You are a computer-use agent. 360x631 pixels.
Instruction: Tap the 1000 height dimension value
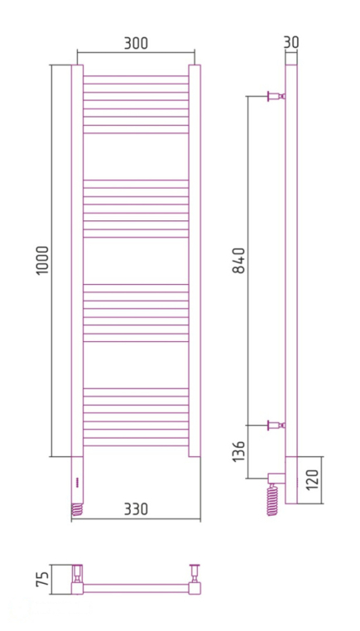[x=44, y=261]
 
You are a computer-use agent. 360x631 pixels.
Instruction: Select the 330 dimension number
[x=136, y=508]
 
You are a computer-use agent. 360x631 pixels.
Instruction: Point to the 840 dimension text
[x=240, y=261]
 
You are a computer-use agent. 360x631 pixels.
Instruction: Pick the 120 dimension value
[x=311, y=480]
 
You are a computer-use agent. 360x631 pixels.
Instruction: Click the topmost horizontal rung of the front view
[x=136, y=78]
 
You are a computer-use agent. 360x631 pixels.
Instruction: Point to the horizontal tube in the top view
[x=137, y=588]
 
